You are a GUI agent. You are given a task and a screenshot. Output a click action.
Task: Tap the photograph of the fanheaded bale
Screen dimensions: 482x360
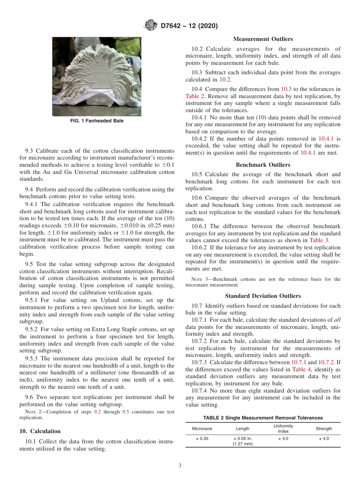click(x=97, y=77)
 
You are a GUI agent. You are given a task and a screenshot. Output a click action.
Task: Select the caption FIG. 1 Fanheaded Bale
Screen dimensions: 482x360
click(x=97, y=121)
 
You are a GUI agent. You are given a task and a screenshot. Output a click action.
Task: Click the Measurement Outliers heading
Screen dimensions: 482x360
click(x=263, y=39)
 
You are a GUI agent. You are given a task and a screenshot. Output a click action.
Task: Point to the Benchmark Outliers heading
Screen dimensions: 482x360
click(x=263, y=165)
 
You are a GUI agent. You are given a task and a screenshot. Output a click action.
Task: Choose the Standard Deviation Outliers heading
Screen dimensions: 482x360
click(x=263, y=296)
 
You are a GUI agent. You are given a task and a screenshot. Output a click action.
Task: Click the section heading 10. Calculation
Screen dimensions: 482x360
click(x=40, y=431)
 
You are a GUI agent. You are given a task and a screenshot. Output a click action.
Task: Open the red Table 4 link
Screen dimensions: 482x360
click(x=302, y=369)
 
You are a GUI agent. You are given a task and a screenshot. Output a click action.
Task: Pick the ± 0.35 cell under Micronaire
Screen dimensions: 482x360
click(x=202, y=438)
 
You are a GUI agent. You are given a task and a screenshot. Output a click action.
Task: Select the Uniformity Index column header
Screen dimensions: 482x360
click(x=283, y=429)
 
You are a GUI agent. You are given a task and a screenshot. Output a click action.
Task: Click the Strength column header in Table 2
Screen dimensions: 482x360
click(x=324, y=429)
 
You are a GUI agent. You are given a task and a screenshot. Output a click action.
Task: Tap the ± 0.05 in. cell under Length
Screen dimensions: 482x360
click(x=243, y=438)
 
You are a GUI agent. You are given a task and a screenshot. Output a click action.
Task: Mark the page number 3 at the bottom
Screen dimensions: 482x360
click(x=180, y=465)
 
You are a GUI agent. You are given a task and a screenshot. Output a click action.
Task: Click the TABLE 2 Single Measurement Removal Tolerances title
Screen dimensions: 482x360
click(x=263, y=418)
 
